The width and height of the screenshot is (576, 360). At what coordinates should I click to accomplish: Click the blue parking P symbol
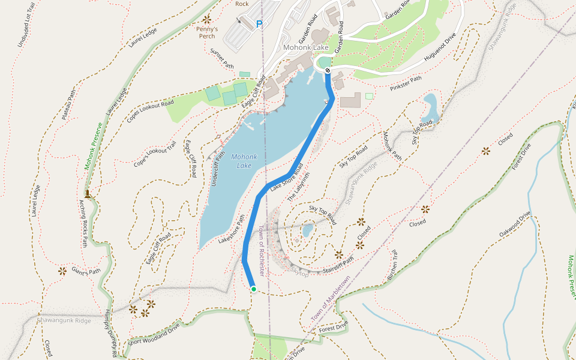tap(259, 25)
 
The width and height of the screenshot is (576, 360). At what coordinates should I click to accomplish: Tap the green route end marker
tap(253, 289)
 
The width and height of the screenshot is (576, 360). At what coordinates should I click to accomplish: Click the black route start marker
tap(328, 71)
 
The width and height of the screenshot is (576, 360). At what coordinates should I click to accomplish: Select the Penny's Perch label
tap(206, 32)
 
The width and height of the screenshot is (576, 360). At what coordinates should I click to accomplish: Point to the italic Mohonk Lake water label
tap(244, 161)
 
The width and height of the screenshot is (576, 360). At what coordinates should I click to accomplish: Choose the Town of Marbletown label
tap(331, 298)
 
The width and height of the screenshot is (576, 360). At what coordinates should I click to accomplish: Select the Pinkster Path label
tap(406, 83)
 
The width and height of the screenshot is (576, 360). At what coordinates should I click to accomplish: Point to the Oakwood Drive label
tap(515, 223)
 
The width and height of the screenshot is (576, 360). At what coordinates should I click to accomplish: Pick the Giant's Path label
tap(86, 271)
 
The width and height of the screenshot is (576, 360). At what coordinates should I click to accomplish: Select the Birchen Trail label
tap(392, 265)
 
